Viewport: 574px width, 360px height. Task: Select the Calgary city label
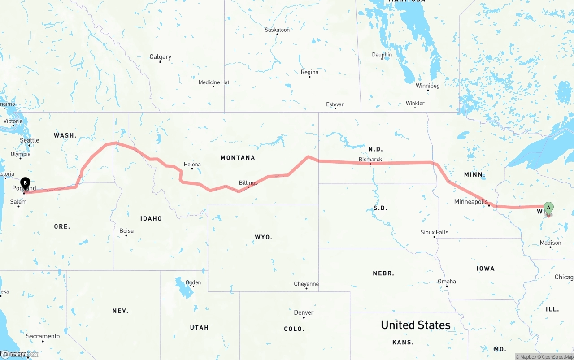(x=160, y=57)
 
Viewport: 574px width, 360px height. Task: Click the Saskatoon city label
(x=277, y=30)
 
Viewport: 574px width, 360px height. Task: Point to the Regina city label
(x=309, y=72)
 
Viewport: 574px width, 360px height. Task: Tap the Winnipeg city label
(x=427, y=86)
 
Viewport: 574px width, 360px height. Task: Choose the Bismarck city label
(x=370, y=160)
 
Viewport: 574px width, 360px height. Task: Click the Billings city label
(x=248, y=183)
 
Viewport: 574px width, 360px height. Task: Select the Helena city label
(x=192, y=165)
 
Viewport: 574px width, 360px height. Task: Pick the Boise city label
(x=126, y=231)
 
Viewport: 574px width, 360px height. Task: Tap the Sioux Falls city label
(x=434, y=232)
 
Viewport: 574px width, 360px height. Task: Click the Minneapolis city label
(x=471, y=202)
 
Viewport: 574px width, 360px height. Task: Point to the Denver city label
(x=304, y=312)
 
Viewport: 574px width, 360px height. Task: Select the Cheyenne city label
(x=306, y=284)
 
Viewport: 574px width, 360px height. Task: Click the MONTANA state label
(x=238, y=158)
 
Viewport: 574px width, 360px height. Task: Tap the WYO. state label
(x=263, y=237)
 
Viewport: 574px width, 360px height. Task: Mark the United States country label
(x=415, y=325)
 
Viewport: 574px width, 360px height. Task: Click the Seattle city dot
(x=30, y=145)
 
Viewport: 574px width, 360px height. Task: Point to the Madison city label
(x=550, y=243)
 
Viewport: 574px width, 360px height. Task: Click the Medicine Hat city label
(x=214, y=82)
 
